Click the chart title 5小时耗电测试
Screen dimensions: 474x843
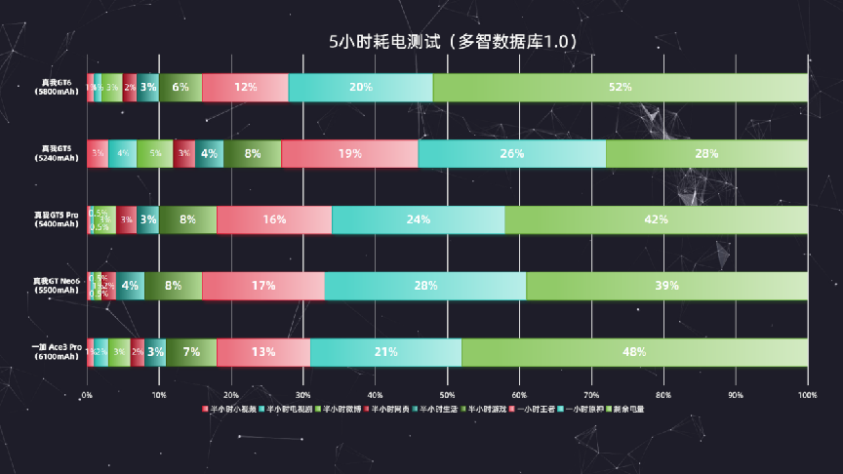pyautogui.click(x=454, y=41)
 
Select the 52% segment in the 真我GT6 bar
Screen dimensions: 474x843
pyautogui.click(x=620, y=87)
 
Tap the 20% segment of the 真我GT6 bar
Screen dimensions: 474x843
pyautogui.click(x=360, y=87)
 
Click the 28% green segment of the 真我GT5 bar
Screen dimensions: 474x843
pyautogui.click(x=706, y=154)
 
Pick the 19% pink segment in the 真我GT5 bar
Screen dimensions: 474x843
pyautogui.click(x=349, y=154)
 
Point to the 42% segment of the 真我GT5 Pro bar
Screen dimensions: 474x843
pyautogui.click(x=656, y=219)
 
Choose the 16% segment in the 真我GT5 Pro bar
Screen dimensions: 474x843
pyautogui.click(x=274, y=219)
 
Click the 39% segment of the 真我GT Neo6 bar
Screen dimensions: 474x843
pyautogui.click(x=666, y=286)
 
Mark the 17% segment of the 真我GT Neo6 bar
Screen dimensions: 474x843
pyautogui.click(x=263, y=286)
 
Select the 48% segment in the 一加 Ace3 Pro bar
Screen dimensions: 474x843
pyautogui.click(x=634, y=352)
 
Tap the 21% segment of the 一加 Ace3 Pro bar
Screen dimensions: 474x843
pyautogui.click(x=385, y=352)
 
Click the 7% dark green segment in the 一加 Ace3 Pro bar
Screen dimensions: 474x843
pyautogui.click(x=191, y=352)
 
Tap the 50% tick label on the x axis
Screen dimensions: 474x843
pyautogui.click(x=447, y=395)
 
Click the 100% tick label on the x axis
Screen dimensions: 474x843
pyautogui.click(x=807, y=395)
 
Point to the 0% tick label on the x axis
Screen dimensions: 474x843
pyautogui.click(x=87, y=395)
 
